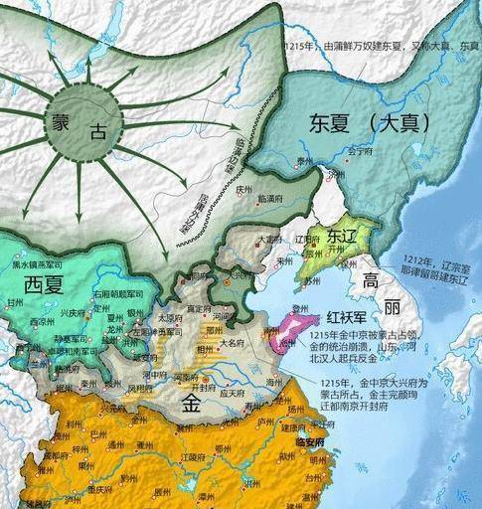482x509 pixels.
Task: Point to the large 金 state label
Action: pos(191,404)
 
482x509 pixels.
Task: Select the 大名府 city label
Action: pos(230,341)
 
